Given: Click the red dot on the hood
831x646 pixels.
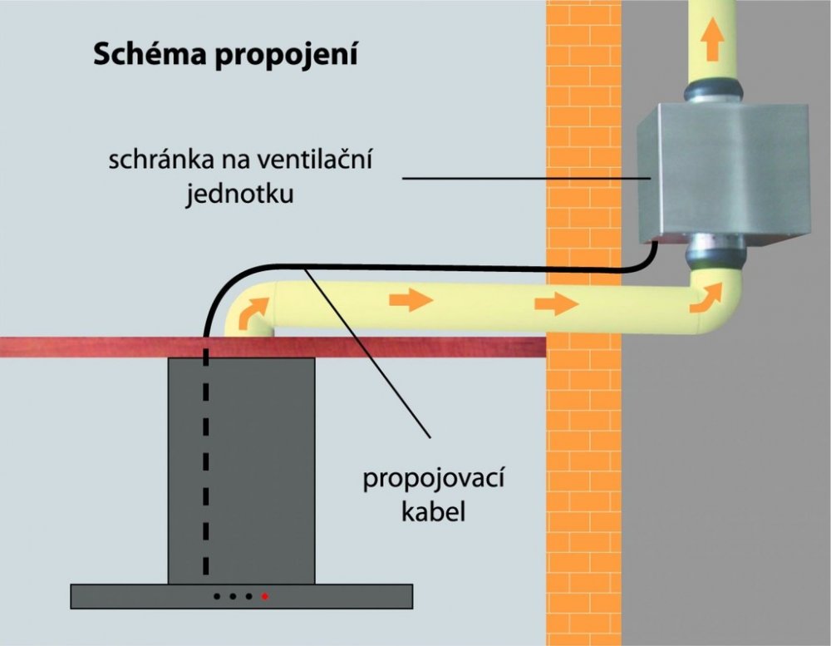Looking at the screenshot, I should coord(265,596).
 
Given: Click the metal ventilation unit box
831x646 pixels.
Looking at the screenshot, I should coord(723,170).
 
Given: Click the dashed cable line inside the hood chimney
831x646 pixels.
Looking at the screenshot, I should coord(204,466).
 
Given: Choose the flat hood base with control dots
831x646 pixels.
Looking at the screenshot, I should coord(125,595).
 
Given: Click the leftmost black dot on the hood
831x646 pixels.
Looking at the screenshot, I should coord(217,596).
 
